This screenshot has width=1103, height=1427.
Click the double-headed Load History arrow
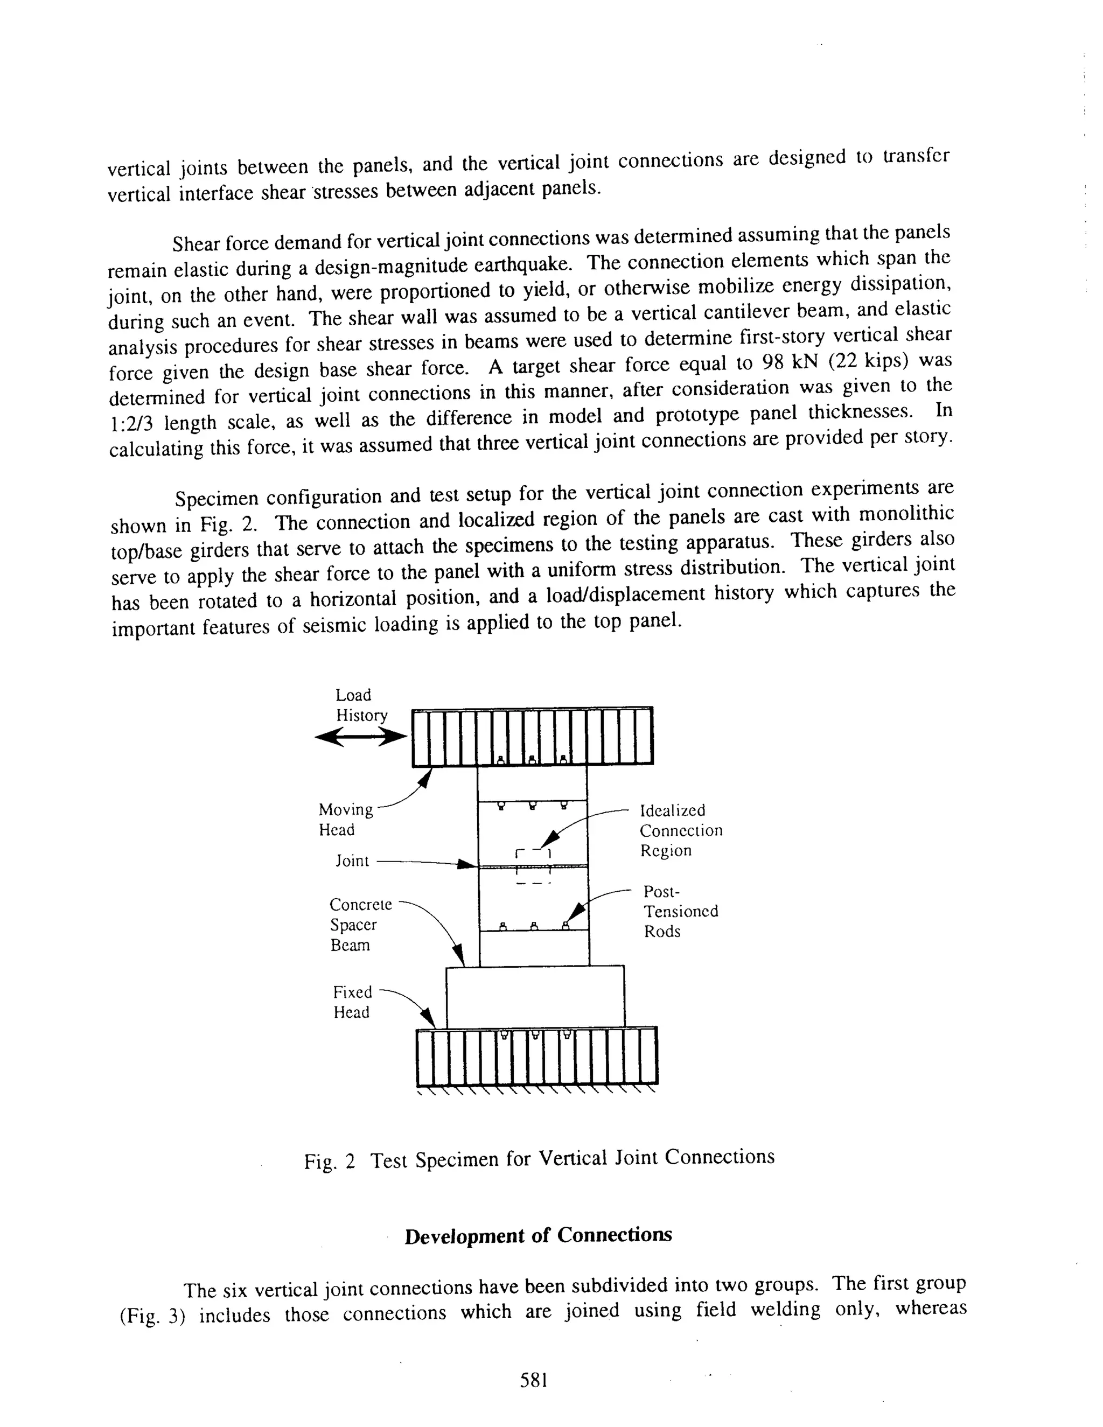click(360, 738)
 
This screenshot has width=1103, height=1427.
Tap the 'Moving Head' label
click(345, 820)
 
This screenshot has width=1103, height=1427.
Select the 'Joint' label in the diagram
click(352, 861)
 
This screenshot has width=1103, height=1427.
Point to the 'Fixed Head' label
click(352, 1002)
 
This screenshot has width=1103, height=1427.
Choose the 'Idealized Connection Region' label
click(680, 830)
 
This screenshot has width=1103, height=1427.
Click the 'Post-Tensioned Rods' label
click(680, 912)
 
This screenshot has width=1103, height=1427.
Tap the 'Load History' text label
click(361, 705)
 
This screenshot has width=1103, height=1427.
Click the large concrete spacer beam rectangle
click(534, 996)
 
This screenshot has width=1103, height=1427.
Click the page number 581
click(533, 1380)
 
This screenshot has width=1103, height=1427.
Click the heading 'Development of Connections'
click(538, 1235)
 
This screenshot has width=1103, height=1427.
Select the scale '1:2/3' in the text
click(131, 424)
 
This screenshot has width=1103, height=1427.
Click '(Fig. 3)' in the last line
click(153, 1316)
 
